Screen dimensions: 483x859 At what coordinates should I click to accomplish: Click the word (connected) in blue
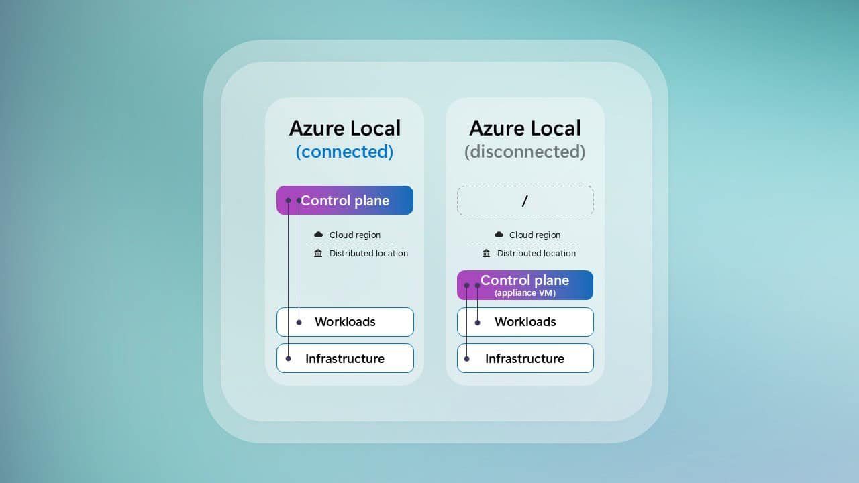point(344,152)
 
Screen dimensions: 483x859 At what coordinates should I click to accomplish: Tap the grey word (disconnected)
point(525,152)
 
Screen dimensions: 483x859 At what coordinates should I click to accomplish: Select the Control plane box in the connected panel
point(345,200)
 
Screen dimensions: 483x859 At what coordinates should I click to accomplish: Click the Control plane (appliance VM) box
point(525,285)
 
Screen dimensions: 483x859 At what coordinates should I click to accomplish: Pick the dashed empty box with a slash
point(525,201)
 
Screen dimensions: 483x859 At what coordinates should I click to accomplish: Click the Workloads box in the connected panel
point(345,322)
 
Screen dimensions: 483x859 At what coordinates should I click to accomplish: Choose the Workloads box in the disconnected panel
point(525,322)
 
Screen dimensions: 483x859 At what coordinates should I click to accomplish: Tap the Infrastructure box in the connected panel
point(345,358)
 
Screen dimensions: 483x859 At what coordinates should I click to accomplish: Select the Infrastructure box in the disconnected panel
point(525,358)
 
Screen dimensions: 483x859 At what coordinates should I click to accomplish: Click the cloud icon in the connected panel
point(319,235)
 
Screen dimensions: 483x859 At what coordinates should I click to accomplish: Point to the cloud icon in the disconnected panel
point(499,235)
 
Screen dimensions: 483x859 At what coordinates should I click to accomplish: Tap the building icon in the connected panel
point(318,253)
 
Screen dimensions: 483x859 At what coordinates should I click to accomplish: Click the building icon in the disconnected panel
point(487,253)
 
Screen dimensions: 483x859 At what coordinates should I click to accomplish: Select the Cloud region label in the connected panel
point(355,235)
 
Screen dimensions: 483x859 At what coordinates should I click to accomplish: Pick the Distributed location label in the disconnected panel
point(536,254)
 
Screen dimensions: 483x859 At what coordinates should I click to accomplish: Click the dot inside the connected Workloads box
point(299,323)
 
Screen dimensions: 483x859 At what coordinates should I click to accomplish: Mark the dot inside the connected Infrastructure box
point(289,358)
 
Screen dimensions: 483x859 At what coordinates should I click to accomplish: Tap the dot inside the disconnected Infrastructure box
point(467,358)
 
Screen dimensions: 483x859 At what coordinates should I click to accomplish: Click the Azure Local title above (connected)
point(344,128)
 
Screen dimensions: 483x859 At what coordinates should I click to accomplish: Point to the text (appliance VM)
point(525,293)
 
